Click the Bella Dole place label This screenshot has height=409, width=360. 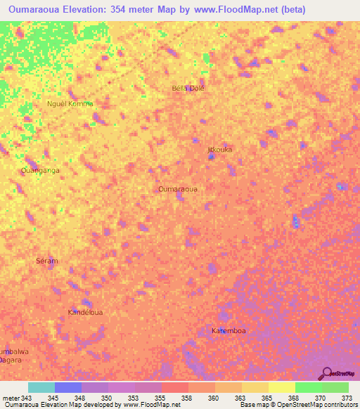point(188,89)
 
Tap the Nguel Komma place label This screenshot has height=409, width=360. point(70,104)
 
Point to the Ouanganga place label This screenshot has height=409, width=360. point(40,170)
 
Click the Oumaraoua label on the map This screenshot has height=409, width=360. point(177,189)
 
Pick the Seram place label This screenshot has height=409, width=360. point(46,261)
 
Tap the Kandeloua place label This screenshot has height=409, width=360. point(86,311)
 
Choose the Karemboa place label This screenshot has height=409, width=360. point(229,330)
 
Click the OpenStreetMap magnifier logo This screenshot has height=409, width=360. point(327,373)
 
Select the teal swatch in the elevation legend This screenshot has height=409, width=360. point(41,387)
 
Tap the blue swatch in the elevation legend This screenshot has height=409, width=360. point(68,387)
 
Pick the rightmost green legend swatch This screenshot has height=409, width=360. point(335,387)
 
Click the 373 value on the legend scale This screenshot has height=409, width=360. point(347,398)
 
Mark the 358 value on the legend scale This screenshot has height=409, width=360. point(187,398)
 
